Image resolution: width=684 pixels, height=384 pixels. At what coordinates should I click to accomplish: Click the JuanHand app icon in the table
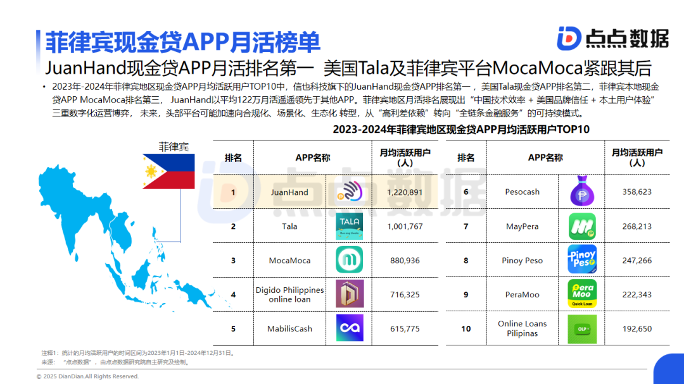click(350, 191)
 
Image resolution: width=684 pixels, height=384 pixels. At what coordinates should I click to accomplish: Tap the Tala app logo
click(350, 226)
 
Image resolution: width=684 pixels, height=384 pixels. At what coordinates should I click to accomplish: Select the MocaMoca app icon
click(350, 260)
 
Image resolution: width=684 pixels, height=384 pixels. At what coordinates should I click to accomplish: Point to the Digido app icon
click(350, 294)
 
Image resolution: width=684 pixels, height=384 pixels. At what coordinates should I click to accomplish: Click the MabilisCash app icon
click(350, 328)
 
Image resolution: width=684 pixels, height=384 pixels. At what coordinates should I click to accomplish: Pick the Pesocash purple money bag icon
click(583, 191)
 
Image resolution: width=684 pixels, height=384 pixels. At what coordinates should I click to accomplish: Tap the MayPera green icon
click(583, 226)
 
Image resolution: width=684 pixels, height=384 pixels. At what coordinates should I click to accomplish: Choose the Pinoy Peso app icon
click(583, 259)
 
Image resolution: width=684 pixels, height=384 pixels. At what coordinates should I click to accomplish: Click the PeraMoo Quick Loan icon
click(583, 294)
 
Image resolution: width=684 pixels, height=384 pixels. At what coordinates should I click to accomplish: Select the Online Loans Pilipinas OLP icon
click(583, 329)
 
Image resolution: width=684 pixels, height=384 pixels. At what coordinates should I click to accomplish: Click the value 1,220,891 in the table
click(405, 192)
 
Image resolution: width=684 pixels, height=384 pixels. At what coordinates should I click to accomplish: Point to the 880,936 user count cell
click(405, 261)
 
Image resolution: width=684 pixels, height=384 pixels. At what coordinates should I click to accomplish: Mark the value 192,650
click(637, 328)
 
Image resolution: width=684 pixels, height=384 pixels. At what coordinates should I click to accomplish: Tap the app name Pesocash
click(522, 192)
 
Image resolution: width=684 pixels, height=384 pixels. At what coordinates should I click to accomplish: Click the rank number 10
click(466, 328)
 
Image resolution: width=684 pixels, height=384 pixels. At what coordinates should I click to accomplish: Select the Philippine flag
click(168, 171)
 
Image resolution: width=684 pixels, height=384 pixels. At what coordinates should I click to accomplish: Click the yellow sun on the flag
click(151, 171)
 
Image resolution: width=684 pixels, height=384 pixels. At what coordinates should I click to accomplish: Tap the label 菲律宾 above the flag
click(174, 147)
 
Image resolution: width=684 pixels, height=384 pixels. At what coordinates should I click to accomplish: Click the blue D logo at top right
click(569, 39)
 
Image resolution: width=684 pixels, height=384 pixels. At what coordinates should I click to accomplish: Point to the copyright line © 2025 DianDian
click(87, 376)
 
